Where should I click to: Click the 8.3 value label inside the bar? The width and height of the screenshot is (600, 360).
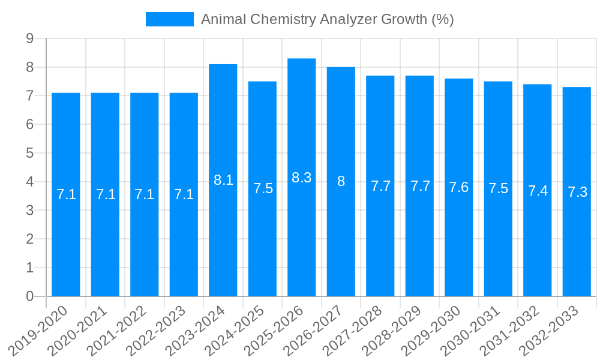(301, 178)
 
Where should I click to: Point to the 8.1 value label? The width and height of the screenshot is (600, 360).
(223, 180)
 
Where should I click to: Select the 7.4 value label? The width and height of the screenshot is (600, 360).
(538, 191)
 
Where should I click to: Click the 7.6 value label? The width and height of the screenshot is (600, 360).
(458, 187)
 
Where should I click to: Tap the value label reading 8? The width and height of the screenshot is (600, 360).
(341, 181)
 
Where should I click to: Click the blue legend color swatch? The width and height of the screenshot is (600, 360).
(169, 19)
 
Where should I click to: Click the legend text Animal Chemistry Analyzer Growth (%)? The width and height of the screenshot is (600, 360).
(327, 19)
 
